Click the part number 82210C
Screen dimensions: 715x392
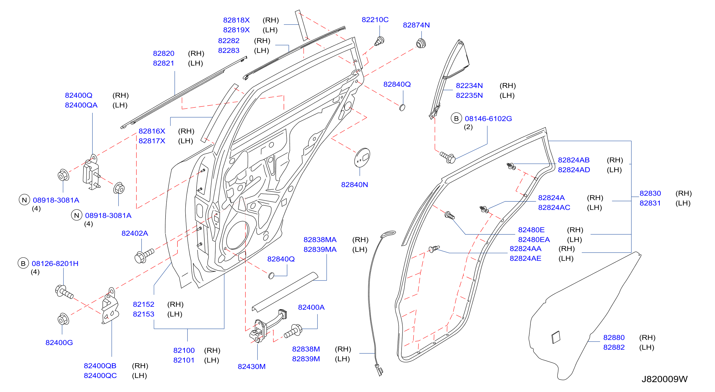tap(375, 20)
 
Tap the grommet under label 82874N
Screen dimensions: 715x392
tap(421, 43)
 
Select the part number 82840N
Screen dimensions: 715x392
tap(354, 185)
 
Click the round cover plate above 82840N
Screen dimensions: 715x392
tap(362, 157)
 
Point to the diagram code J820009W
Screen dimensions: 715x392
tap(665, 379)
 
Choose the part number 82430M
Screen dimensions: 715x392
tap(251, 366)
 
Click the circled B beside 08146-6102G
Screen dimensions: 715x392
tap(456, 119)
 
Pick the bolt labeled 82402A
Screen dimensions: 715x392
tap(144, 255)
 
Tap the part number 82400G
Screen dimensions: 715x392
tap(59, 343)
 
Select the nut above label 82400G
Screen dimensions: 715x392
tap(63, 319)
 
